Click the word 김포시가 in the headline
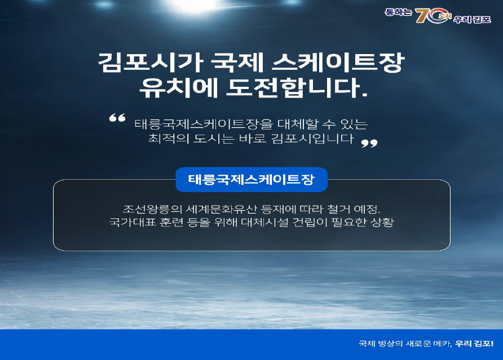coord(149,62)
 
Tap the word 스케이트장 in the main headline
coord(338,62)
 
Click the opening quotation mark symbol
coord(117,118)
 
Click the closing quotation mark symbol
coord(369,143)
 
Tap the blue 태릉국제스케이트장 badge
coord(251,180)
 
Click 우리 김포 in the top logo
coord(472,19)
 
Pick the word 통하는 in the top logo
coord(398,12)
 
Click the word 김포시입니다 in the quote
coord(312,139)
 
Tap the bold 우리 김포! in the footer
coord(474,344)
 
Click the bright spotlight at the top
coord(195,5)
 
